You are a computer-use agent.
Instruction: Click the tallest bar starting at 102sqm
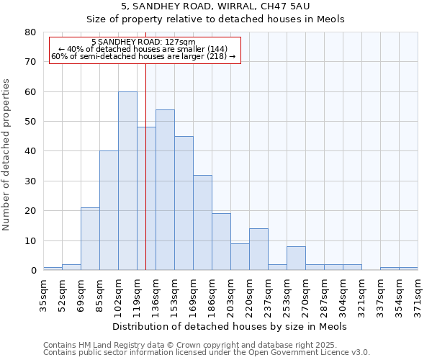coord(127,181)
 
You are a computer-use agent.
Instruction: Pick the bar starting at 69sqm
coord(90,238)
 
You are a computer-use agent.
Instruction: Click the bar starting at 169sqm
coord(202,222)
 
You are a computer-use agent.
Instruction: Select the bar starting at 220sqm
coord(258,249)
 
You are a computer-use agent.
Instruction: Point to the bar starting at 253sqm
coord(296,258)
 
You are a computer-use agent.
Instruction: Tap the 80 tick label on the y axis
coord(30,32)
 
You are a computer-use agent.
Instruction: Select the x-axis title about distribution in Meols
coord(230,326)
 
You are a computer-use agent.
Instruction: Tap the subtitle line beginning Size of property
coord(216,19)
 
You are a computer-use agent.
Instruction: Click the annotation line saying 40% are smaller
coord(143,49)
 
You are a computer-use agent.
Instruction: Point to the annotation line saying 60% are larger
coord(143,56)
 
